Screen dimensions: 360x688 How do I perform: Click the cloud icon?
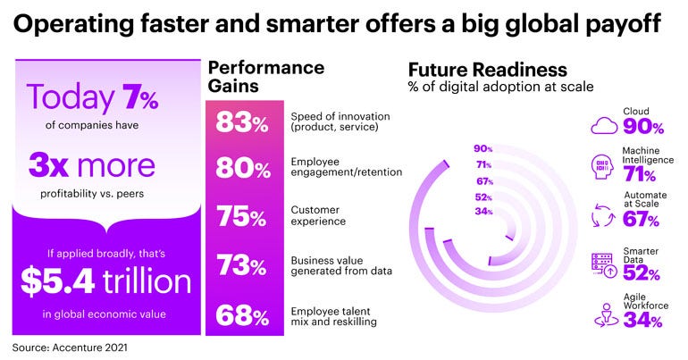[605, 125]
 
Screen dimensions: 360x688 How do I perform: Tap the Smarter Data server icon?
[605, 264]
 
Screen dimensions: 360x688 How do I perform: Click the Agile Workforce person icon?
[605, 314]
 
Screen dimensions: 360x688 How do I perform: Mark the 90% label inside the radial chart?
[483, 148]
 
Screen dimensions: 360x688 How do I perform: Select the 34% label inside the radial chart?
[483, 211]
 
